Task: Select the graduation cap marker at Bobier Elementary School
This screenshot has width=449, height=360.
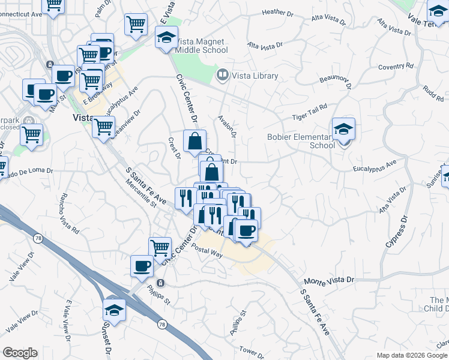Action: coord(343,129)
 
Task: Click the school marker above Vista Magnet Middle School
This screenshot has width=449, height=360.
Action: coord(166,37)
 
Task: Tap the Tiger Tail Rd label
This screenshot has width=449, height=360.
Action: coord(310,107)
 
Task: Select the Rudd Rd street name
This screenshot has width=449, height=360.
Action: coord(433,91)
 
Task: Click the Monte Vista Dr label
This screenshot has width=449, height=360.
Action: coord(330,280)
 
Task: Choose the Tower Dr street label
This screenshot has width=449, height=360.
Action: coord(252,350)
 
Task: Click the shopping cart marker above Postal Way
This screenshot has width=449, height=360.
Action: coord(160,247)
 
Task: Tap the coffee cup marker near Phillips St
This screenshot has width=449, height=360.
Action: coord(142,266)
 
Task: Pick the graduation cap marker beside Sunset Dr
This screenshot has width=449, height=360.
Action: coord(113,309)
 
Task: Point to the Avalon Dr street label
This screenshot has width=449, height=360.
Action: coord(228,126)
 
